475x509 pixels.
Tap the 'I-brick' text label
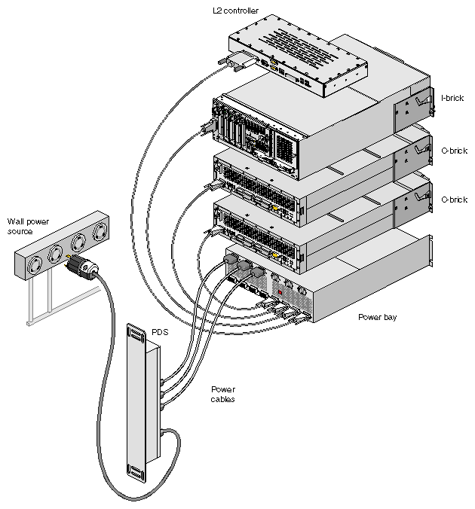point(452,98)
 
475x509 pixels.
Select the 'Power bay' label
point(377,317)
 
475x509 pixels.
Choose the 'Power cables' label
point(222,394)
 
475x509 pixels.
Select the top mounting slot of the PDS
point(136,334)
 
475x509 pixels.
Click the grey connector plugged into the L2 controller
point(234,65)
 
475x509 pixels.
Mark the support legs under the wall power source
point(41,297)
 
